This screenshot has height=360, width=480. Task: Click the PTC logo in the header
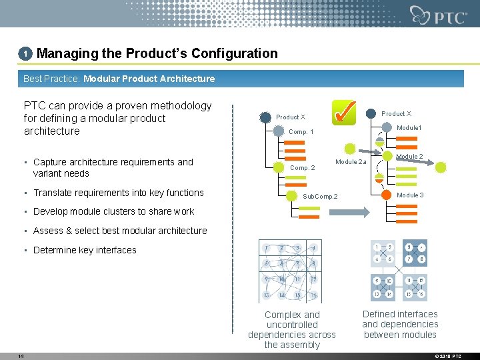click(439, 15)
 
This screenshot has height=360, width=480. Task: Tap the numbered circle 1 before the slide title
click(25, 53)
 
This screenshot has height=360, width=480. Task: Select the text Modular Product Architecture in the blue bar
click(149, 79)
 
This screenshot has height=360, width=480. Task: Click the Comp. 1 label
click(301, 132)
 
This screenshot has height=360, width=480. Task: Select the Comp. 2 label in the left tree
click(303, 168)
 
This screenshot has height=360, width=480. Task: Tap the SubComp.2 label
click(321, 197)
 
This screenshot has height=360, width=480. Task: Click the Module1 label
click(409, 128)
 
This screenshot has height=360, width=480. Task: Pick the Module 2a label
click(351, 162)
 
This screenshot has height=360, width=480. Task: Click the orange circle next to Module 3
click(386, 195)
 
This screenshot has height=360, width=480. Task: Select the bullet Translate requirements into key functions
click(118, 193)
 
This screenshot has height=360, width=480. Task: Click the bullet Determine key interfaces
click(84, 250)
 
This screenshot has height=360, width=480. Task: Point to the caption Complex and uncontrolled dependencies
click(292, 329)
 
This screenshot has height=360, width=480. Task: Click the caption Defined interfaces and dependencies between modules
click(400, 324)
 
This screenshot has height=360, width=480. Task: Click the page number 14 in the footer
click(21, 356)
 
